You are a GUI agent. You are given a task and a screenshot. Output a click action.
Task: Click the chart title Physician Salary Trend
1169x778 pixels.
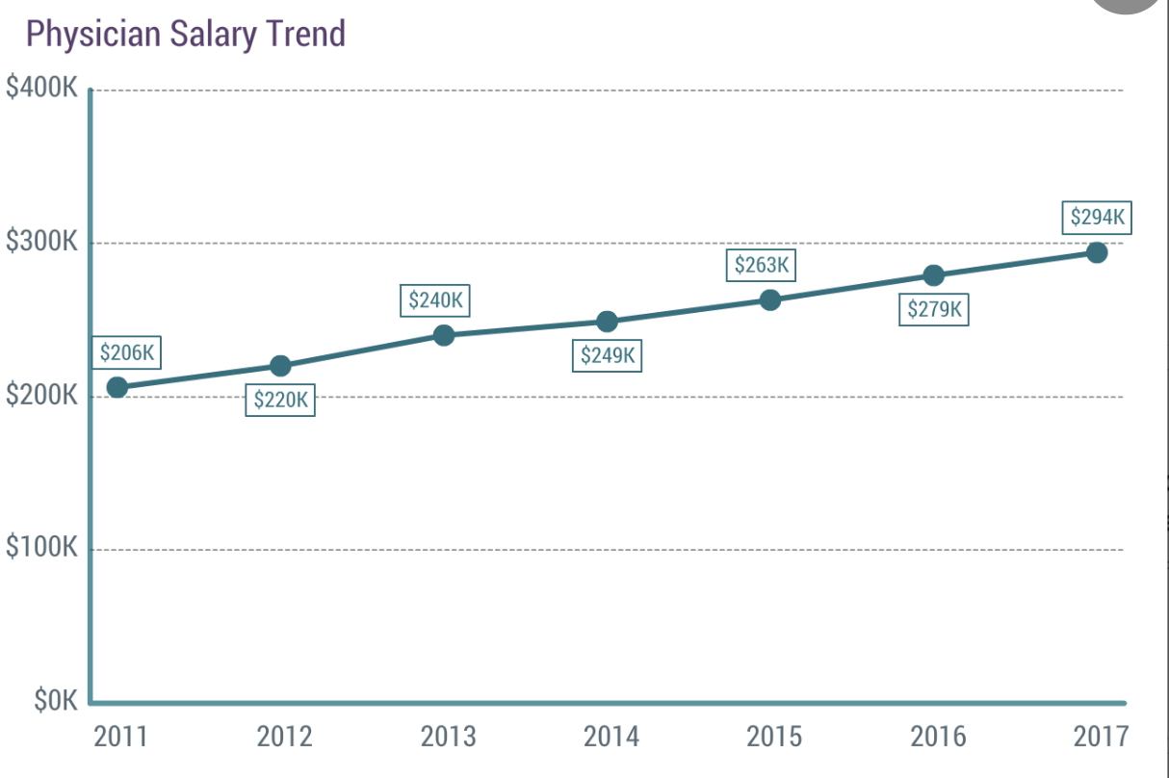pyautogui.click(x=185, y=35)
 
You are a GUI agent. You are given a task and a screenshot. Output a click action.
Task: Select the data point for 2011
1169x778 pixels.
pyautogui.click(x=117, y=387)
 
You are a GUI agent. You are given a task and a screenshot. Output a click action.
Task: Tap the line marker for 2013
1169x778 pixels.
pyautogui.click(x=443, y=335)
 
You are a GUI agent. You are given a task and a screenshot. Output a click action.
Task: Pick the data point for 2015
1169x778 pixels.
pyautogui.click(x=769, y=299)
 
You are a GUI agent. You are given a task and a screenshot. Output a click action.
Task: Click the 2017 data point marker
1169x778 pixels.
pyautogui.click(x=1096, y=252)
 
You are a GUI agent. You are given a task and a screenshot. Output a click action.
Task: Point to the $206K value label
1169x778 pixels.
pyautogui.click(x=127, y=353)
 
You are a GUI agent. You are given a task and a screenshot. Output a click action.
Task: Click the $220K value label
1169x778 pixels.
pyautogui.click(x=280, y=400)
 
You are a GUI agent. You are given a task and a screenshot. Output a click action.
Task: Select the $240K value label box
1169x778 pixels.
pyautogui.click(x=435, y=300)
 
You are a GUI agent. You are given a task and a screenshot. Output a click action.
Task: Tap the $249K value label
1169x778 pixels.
pyautogui.click(x=607, y=356)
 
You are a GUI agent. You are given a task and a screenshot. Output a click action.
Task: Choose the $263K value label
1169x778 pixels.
pyautogui.click(x=761, y=266)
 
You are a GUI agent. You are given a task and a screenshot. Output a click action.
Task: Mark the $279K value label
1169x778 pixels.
pyautogui.click(x=934, y=310)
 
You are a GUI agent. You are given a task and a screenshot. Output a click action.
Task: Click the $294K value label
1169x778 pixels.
pyautogui.click(x=1097, y=217)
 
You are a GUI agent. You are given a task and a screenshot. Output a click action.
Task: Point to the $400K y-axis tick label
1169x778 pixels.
pyautogui.click(x=41, y=88)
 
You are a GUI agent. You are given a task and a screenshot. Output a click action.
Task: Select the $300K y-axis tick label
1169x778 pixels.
pyautogui.click(x=41, y=242)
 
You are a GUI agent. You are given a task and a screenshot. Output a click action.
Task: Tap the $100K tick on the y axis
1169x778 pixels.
pyautogui.click(x=41, y=548)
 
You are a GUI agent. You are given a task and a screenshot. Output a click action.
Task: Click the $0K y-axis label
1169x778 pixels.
pyautogui.click(x=55, y=701)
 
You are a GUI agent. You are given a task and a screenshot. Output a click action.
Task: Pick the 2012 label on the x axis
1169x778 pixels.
pyautogui.click(x=284, y=738)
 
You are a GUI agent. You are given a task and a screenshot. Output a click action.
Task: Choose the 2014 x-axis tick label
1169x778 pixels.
pyautogui.click(x=610, y=738)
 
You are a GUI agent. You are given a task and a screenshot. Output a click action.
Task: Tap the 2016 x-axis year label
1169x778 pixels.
pyautogui.click(x=938, y=738)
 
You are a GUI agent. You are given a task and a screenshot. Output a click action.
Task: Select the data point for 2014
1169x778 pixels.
pyautogui.click(x=607, y=322)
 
